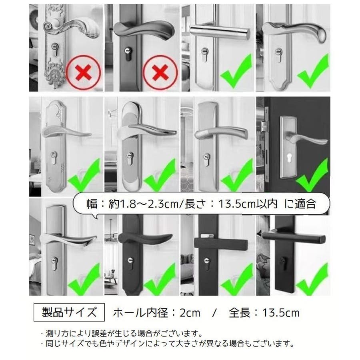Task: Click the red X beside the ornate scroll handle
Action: click(83, 72)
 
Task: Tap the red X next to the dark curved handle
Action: click(160, 72)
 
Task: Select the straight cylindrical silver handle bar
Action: click(220, 32)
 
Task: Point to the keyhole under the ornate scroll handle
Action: click(54, 49)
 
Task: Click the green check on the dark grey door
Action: click(313, 176)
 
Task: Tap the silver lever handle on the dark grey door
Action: click(308, 138)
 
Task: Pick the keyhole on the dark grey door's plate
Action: click(288, 159)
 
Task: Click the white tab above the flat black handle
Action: click(207, 236)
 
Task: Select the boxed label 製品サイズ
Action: click(69, 312)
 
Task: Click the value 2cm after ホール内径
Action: click(190, 313)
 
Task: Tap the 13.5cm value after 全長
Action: click(281, 313)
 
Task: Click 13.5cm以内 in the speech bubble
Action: click(248, 204)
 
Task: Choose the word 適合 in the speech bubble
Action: click(305, 204)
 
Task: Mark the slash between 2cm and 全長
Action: click(214, 313)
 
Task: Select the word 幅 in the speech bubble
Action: click(92, 204)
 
